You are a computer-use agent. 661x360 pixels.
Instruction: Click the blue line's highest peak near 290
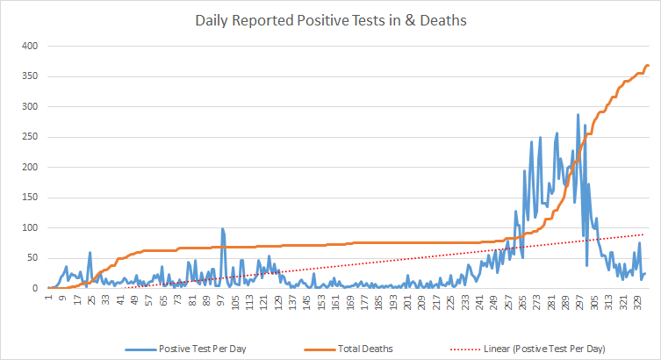coord(578,114)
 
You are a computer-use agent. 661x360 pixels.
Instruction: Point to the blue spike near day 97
coord(222,229)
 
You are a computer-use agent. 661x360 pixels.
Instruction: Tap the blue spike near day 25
coord(90,253)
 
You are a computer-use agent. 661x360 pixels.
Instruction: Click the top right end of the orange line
coord(648,66)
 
